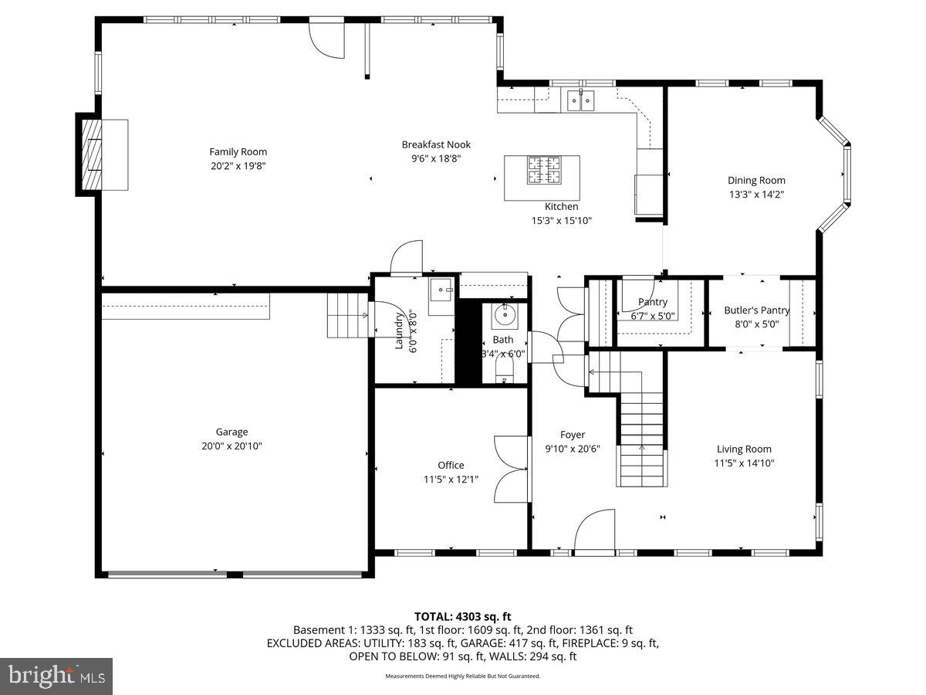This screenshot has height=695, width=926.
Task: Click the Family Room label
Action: click(238, 152)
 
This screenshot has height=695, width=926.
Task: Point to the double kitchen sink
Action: click(580, 100)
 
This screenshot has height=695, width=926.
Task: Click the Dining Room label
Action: click(756, 181)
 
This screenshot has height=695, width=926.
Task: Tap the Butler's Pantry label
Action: click(756, 310)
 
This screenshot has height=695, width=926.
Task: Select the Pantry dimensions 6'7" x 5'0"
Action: click(652, 315)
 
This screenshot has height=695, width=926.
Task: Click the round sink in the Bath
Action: click(507, 314)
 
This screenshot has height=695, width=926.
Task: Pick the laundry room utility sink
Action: click(442, 293)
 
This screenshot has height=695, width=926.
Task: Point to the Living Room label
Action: click(744, 449)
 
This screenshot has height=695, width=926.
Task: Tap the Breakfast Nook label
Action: click(436, 144)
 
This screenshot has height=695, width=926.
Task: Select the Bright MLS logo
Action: click(56, 676)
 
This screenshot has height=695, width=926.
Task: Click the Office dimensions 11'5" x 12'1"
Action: click(451, 479)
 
